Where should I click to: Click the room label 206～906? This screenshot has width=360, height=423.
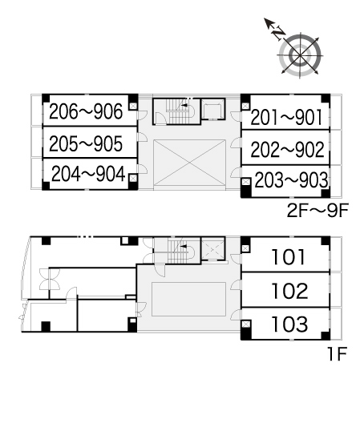[86, 111]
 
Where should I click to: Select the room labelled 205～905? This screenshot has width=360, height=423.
[86, 143]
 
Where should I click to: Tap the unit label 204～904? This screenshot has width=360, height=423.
[88, 174]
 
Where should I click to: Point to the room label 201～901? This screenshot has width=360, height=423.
[286, 117]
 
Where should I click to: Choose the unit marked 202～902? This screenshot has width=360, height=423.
[287, 149]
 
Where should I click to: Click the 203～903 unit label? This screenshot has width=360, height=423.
[291, 180]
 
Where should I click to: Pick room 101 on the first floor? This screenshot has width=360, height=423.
[289, 256]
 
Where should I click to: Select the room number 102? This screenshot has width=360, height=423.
[289, 291]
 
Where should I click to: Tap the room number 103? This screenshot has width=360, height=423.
[289, 324]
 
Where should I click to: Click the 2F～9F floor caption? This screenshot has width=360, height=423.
[318, 211]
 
